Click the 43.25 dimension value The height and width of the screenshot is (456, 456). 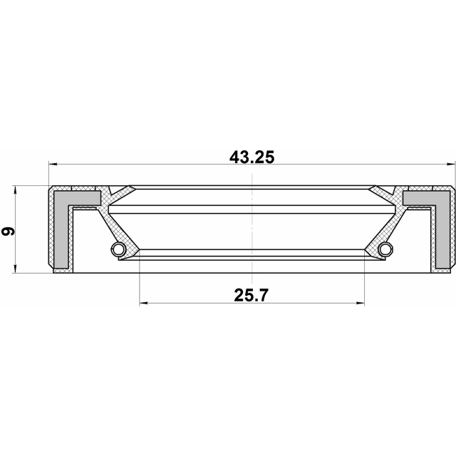pyautogui.click(x=252, y=157)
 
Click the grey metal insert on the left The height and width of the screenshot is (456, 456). pyautogui.click(x=63, y=221)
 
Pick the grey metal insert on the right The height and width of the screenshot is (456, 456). pyautogui.click(x=441, y=221)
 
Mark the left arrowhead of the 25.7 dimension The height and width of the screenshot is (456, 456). pyautogui.click(x=143, y=303)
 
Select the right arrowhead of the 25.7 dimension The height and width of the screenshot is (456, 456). pyautogui.click(x=360, y=303)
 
